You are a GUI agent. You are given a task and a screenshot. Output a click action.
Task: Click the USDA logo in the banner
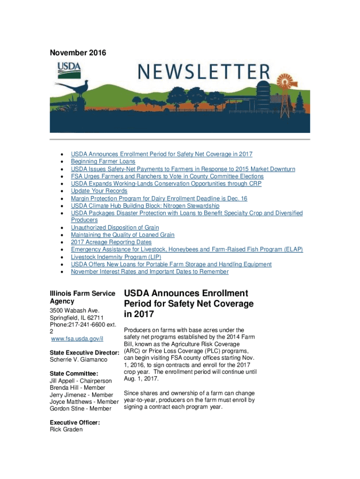click(69, 70)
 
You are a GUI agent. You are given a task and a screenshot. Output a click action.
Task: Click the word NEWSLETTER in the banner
click(203, 73)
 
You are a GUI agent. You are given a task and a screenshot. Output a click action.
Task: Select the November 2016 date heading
click(78, 53)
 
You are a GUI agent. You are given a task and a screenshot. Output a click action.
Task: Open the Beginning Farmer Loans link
click(103, 161)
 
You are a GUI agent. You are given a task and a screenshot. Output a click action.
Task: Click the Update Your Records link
click(99, 191)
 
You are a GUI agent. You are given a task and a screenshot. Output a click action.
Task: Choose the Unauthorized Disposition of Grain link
click(115, 228)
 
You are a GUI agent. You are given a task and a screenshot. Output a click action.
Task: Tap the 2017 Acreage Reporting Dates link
click(111, 242)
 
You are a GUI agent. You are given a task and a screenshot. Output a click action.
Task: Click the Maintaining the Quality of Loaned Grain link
click(122, 235)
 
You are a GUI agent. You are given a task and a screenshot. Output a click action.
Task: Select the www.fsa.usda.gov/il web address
click(77, 339)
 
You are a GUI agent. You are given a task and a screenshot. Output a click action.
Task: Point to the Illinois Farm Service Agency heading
click(82, 298)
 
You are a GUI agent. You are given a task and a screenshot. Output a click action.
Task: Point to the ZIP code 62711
click(100, 318)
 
